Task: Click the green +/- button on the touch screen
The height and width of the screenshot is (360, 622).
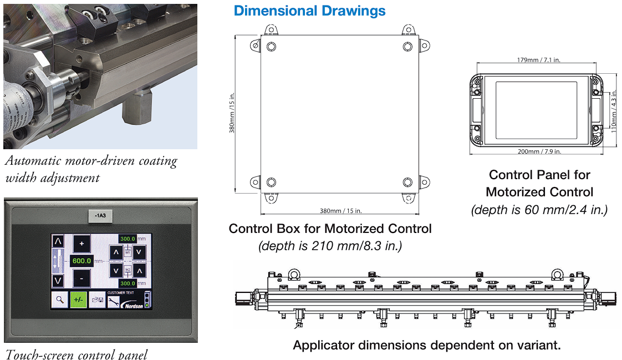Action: pyautogui.click(x=78, y=300)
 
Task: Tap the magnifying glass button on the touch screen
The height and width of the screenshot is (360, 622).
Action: pyautogui.click(x=59, y=300)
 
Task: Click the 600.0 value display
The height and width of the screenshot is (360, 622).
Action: pyautogui.click(x=81, y=261)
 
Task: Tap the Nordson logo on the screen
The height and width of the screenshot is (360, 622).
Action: pyautogui.click(x=132, y=305)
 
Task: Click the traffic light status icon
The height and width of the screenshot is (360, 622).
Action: pyautogui.click(x=146, y=300)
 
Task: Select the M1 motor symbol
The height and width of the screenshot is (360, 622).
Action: pyautogui.click(x=128, y=252)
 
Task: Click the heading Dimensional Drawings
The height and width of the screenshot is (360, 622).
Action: pyautogui.click(x=309, y=11)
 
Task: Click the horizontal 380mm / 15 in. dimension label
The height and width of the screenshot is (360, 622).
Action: pyautogui.click(x=340, y=211)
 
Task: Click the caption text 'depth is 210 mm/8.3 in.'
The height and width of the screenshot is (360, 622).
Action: pyautogui.click(x=330, y=246)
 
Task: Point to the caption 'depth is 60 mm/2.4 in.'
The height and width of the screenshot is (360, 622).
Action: pyautogui.click(x=539, y=210)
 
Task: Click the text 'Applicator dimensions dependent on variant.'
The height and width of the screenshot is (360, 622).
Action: pyautogui.click(x=427, y=345)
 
